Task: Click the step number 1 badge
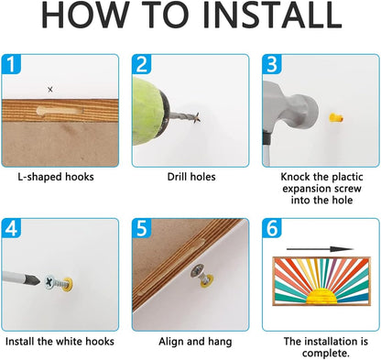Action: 11,64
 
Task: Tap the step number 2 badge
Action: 141,64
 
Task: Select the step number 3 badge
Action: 272,64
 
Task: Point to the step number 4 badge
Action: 11,228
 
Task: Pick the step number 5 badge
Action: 141,228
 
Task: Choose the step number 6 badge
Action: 272,228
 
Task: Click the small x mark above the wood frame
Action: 50,90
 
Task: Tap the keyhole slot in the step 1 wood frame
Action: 60,111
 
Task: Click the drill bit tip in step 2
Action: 198,117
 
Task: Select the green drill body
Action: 147,112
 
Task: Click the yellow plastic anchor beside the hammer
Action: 335,117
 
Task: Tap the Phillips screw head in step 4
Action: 49,281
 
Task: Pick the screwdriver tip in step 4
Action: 34,279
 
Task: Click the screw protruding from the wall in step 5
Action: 200,275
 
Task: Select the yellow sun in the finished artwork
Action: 321,296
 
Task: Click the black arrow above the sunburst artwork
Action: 320,249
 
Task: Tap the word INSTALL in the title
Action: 272,16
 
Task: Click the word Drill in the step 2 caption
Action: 177,177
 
